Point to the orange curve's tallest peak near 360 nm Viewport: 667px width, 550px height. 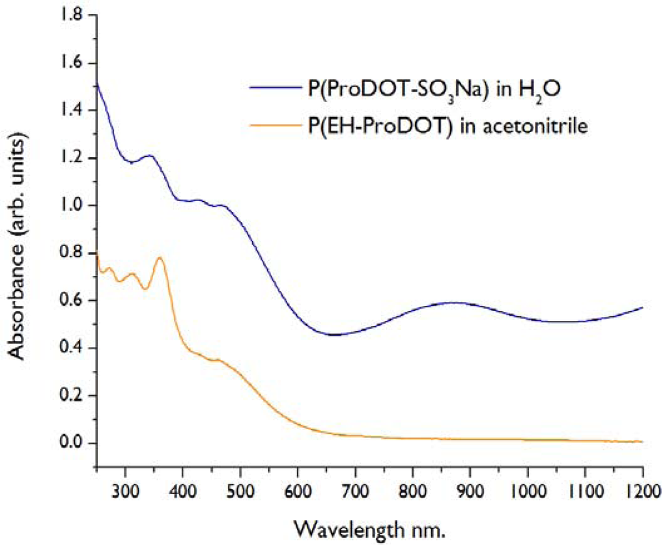click(x=160, y=258)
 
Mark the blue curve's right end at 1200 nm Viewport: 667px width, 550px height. click(x=642, y=308)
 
